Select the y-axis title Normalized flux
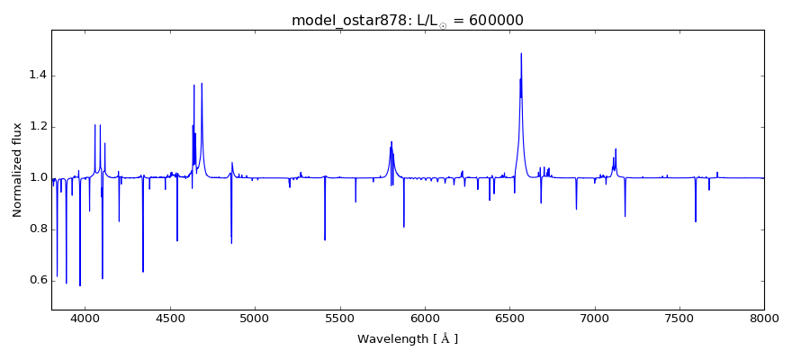pos(18,170)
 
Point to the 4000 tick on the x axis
pos(85,318)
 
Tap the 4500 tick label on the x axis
pos(170,318)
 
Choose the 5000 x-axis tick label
pos(255,318)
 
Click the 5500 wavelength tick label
pos(339,318)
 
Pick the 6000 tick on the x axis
pos(425,318)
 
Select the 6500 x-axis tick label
pos(509,318)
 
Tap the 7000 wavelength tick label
pos(594,318)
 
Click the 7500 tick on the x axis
pos(679,318)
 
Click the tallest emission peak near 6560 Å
pos(521,54)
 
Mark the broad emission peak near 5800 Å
pos(391,143)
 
